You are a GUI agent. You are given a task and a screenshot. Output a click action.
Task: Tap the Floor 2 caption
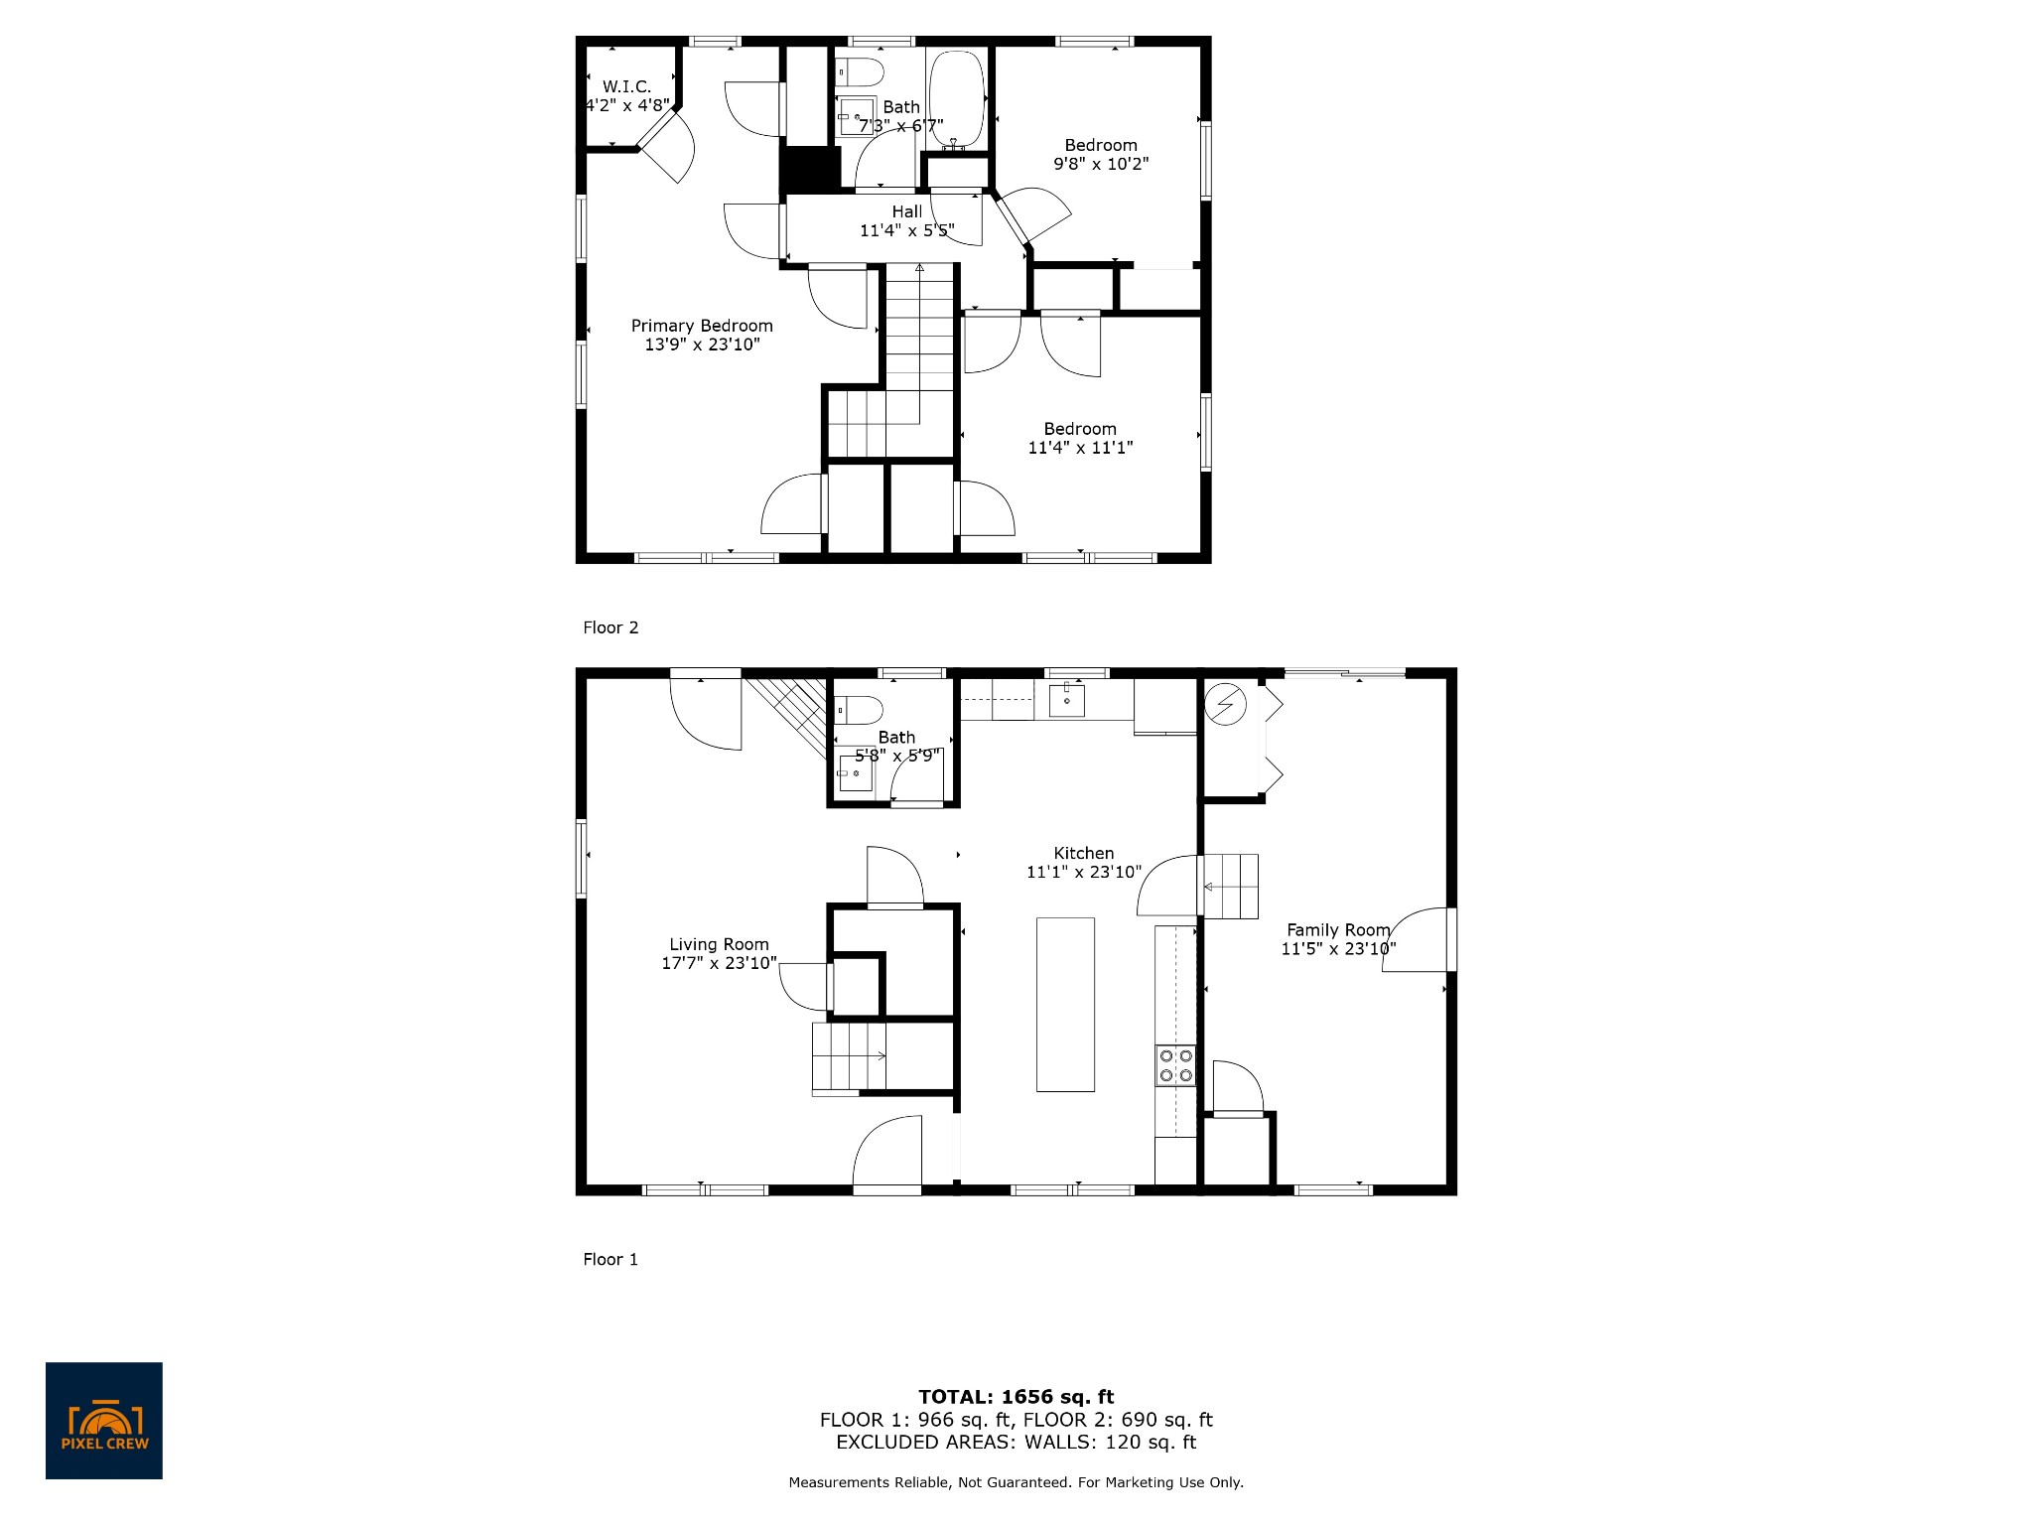point(610,627)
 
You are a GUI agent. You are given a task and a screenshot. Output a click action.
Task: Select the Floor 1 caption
point(610,1259)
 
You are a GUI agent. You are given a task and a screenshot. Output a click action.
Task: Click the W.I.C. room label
point(626,87)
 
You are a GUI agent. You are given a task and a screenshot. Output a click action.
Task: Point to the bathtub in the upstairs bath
point(955,100)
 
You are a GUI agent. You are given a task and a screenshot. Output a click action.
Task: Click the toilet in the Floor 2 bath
point(860,72)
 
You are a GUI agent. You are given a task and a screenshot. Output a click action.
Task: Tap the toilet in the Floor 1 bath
point(860,710)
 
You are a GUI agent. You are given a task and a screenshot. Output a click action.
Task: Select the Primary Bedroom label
point(702,326)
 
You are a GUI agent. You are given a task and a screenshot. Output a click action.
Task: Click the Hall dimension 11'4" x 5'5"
point(906,230)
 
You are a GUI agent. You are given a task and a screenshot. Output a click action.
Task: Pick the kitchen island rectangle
point(1065,1004)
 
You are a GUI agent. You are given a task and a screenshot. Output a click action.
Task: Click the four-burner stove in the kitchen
point(1175,1065)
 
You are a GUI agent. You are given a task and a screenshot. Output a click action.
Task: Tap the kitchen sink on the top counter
point(1067,701)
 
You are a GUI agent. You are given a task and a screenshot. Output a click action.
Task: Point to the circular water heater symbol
point(1226,704)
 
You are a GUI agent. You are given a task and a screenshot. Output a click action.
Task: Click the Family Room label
point(1338,930)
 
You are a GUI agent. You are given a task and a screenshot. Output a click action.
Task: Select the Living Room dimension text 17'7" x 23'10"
point(719,963)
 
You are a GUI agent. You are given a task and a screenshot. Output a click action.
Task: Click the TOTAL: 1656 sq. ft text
point(1016,1397)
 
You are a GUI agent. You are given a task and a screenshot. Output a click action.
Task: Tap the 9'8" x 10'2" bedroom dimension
point(1101,164)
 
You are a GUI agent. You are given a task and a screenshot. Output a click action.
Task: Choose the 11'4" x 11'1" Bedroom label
point(1080,429)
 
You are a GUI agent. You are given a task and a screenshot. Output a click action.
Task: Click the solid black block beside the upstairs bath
point(809,170)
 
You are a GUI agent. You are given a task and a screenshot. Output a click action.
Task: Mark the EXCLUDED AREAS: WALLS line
point(1016,1443)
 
